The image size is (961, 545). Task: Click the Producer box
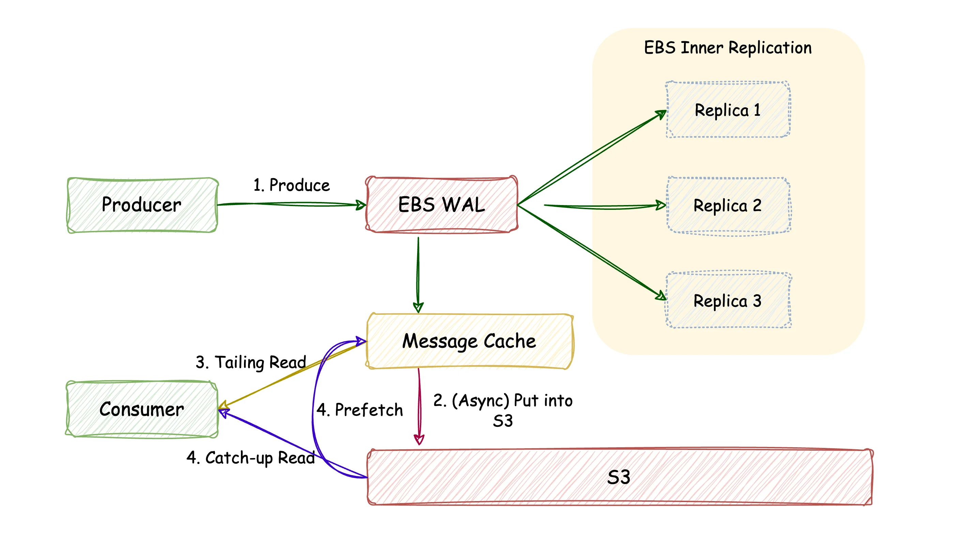point(142,205)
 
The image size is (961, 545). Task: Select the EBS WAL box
point(442,205)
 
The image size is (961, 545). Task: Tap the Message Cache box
point(470,341)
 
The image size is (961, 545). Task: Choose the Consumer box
point(142,409)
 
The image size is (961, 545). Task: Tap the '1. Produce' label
point(292,185)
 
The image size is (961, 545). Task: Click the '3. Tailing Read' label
point(251,362)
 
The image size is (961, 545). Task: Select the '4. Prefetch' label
point(360,410)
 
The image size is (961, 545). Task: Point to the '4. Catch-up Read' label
point(251,458)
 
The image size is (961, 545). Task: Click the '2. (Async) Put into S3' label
point(503,410)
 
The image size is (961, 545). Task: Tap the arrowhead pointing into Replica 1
point(661,114)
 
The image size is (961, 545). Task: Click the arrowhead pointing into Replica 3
point(661,296)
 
